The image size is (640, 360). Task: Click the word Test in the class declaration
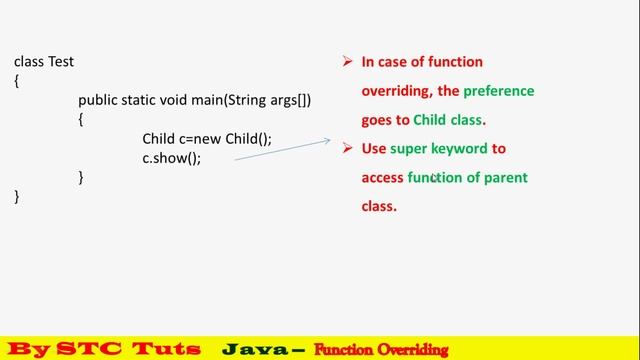tap(61, 61)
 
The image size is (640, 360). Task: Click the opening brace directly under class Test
tap(17, 80)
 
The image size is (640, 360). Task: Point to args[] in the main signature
tap(293, 100)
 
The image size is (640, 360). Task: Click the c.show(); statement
tap(171, 158)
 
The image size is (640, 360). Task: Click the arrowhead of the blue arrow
tap(327, 141)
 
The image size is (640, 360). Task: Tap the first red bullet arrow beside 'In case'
tap(346, 61)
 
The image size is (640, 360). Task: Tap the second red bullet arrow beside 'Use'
tap(346, 148)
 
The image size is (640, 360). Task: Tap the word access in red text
tap(382, 177)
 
